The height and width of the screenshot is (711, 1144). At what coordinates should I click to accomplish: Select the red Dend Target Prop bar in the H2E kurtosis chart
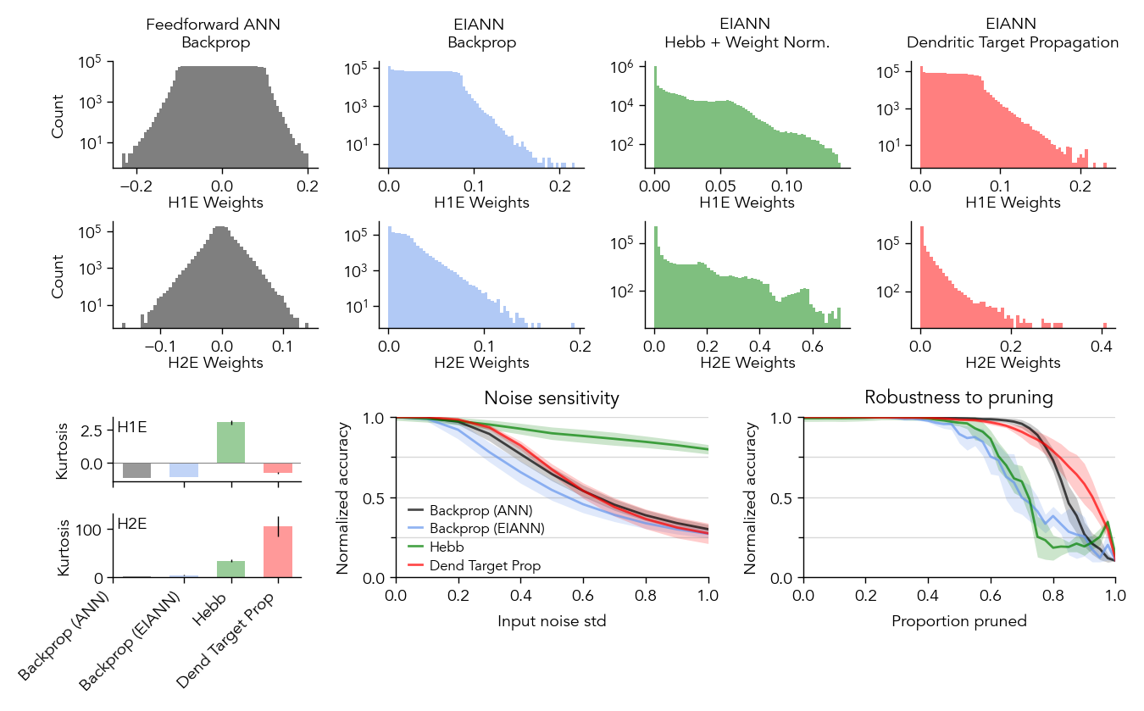tap(278, 552)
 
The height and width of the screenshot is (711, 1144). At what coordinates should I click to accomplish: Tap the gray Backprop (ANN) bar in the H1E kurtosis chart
tap(136, 470)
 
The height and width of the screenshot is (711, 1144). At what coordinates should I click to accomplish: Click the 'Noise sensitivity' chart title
tap(552, 397)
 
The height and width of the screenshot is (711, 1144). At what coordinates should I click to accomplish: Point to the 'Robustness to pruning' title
tap(958, 397)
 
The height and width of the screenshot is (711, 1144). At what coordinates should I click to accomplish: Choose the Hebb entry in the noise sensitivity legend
tap(447, 547)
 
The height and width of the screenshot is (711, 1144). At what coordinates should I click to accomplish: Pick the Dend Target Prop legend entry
tap(485, 565)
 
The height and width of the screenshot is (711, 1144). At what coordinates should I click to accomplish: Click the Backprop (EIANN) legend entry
tap(486, 529)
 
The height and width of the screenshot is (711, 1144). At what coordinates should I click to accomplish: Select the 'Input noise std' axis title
tap(552, 621)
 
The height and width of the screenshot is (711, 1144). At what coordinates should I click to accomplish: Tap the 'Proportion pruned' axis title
tap(958, 621)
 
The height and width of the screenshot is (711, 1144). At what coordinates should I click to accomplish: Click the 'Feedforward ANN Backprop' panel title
tap(214, 33)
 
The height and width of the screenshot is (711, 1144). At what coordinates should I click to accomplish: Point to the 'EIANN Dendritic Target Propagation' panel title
tap(1012, 33)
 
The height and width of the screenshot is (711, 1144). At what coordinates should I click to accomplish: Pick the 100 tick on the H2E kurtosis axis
tap(95, 530)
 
